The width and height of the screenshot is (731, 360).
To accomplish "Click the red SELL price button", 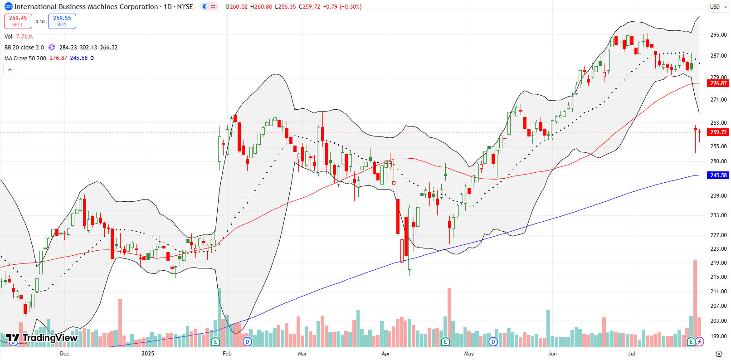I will point(18,21).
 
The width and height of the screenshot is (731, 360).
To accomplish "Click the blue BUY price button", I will point(62,21).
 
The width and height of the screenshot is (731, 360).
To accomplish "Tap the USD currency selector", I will point(715,7).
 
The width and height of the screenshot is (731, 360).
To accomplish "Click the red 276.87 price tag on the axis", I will point(718,83).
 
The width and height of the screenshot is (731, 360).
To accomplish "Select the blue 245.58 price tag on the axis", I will point(718,175).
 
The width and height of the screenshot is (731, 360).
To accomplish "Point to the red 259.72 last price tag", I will point(718,132).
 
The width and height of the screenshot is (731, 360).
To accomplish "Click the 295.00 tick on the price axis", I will point(718,35).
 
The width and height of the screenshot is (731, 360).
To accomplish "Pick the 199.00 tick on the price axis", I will point(718,336).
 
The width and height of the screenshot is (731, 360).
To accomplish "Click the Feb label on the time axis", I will point(227,354).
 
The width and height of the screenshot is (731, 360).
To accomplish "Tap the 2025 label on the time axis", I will point(148,354).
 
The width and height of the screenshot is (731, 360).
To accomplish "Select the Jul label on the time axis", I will point(632,354).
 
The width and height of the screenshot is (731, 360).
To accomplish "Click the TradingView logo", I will point(42,338).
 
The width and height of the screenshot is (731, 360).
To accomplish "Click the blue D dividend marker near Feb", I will point(247,341).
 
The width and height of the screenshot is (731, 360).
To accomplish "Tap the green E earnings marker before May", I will point(446,341).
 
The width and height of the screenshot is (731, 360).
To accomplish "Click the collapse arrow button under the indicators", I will point(10,69).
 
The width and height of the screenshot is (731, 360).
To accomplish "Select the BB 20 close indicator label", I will point(24,48).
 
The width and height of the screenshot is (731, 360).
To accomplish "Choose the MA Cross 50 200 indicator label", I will point(25,58).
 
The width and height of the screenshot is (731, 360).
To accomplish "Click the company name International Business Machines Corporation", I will point(86,7).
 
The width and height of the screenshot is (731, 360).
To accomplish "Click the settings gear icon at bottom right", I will point(719,354).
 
